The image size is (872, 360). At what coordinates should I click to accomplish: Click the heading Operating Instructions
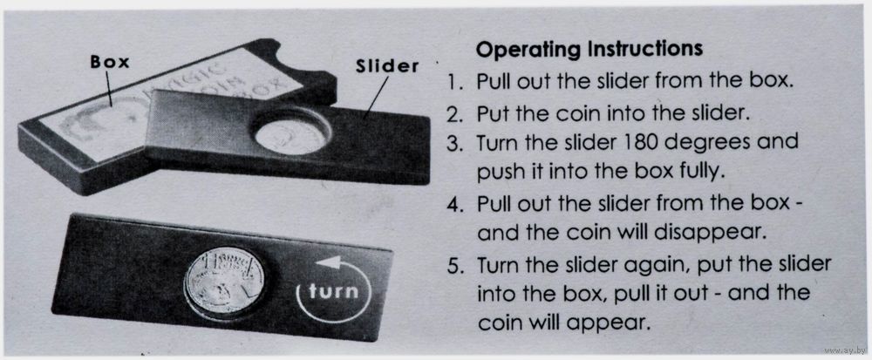[x=589, y=50]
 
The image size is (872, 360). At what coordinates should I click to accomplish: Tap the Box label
[x=110, y=62]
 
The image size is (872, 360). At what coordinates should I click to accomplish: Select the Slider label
[x=387, y=66]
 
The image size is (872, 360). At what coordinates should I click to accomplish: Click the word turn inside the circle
[x=334, y=291]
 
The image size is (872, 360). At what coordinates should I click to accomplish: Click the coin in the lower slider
[x=225, y=282]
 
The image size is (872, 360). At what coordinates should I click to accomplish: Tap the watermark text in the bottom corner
[x=844, y=350]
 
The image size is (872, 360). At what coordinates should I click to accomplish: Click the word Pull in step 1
[x=494, y=82]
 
